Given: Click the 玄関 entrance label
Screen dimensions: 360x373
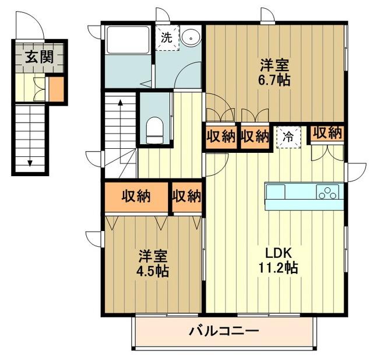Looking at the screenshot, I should (38, 57).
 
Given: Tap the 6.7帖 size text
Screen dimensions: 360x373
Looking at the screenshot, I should (276, 80).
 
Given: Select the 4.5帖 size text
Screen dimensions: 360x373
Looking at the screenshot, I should (154, 271).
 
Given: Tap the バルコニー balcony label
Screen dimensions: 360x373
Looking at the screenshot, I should (224, 331).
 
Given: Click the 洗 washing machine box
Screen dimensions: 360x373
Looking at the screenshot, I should (166, 39).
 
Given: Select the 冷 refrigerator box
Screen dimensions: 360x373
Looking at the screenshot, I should (287, 137).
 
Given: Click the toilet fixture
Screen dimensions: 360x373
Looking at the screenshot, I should (154, 130).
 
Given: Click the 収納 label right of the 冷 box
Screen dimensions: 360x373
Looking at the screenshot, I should (326, 132).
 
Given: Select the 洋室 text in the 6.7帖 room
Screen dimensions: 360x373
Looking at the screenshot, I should (276, 64).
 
